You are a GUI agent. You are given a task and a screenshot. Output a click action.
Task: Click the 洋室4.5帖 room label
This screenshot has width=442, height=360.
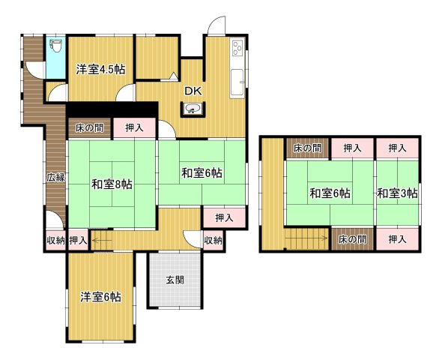coord(100,70)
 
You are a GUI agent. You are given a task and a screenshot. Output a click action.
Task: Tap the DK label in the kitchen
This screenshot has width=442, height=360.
coord(193,90)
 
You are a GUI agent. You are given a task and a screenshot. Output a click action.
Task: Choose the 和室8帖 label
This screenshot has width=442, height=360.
coord(112,184)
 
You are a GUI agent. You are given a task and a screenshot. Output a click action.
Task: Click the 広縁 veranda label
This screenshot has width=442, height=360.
coord(55,178)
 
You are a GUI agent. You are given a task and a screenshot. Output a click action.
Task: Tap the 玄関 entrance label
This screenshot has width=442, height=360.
coord(175,280)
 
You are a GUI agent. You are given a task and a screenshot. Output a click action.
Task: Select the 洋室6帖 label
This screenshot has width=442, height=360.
coord(101,297)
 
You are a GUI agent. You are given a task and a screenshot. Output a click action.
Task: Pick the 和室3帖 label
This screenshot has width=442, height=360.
coord(397,193)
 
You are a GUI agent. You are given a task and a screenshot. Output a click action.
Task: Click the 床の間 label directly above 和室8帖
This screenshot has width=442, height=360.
coord(88,128)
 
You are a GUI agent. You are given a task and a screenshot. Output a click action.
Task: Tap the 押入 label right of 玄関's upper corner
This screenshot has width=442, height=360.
coord(223,217)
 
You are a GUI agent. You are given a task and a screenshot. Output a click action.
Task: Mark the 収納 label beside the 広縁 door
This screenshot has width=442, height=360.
coord(55,241)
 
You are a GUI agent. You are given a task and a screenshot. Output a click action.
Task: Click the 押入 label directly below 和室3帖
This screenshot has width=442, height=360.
coord(398,239)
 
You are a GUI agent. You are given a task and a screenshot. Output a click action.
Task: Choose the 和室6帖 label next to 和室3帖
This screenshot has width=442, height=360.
coord(330,193)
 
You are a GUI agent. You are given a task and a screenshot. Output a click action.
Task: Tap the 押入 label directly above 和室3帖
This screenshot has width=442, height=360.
coord(398,149)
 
